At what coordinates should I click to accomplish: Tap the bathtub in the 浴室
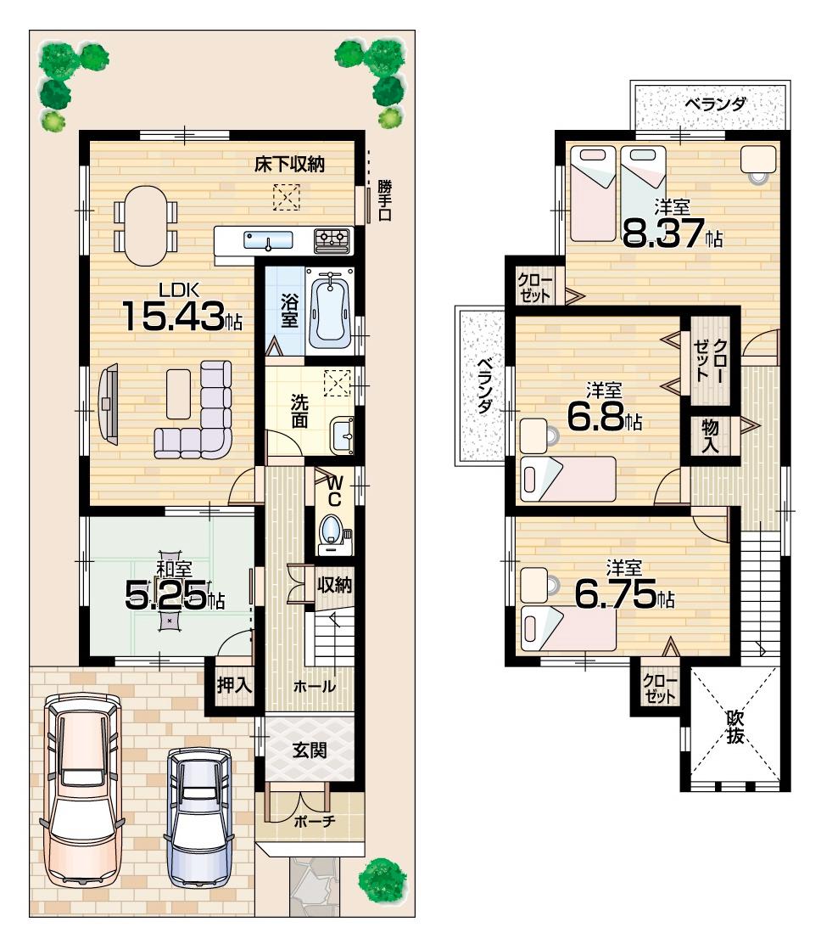(x=327, y=311)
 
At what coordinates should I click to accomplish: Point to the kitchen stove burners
(x=332, y=240)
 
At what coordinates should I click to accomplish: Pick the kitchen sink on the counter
(x=268, y=240)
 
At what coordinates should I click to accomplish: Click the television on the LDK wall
(x=109, y=402)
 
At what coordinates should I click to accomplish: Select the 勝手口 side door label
(x=385, y=200)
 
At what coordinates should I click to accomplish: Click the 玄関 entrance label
(x=310, y=750)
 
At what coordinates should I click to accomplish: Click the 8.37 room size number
(x=665, y=234)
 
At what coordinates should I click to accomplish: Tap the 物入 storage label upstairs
(x=710, y=435)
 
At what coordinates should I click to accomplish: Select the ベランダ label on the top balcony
(x=715, y=105)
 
